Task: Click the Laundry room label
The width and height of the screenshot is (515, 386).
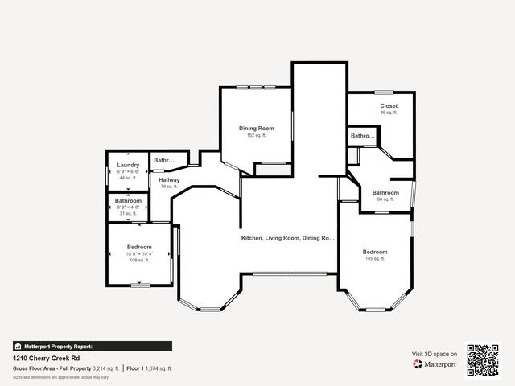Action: (129, 165)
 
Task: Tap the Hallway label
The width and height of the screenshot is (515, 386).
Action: (169, 180)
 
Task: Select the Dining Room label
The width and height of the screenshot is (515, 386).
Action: (257, 129)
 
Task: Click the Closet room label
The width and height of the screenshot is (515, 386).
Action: (389, 106)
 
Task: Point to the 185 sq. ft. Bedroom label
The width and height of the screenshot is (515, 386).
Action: (375, 252)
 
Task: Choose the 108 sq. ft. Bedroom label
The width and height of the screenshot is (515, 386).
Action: (139, 247)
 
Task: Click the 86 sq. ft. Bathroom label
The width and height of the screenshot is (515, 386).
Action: (385, 193)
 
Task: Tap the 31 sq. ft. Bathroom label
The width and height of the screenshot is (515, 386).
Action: (128, 200)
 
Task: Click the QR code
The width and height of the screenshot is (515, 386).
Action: (484, 359)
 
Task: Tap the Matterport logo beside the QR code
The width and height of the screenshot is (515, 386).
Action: (435, 364)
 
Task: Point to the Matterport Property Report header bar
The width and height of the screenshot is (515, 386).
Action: (92, 346)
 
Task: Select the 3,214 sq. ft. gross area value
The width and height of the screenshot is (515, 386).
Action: (105, 368)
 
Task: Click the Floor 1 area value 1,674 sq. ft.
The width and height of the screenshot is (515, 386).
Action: (159, 368)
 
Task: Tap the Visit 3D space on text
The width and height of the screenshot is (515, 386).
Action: (435, 354)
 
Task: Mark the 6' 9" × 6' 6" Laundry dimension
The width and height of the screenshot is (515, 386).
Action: (129, 171)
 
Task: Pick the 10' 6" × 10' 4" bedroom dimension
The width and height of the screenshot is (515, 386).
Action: (139, 253)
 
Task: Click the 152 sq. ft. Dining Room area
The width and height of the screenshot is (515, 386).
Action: (257, 135)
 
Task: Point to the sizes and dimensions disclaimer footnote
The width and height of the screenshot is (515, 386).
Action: (60, 376)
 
